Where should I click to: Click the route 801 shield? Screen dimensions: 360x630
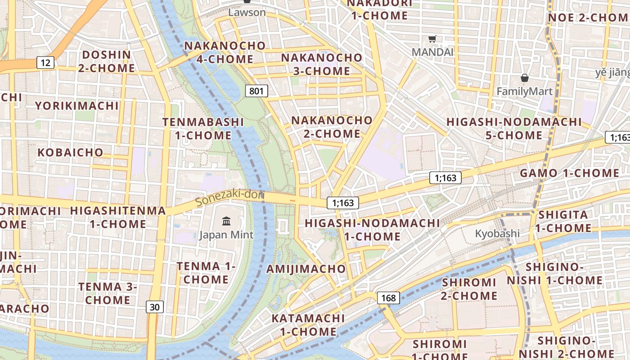coord(256,91)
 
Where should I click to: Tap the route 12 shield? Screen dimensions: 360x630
coord(45,63)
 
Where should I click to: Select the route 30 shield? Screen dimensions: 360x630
coord(154,307)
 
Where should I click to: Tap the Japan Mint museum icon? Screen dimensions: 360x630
coord(226,221)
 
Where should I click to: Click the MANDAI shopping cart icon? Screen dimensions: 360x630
coord(432,39)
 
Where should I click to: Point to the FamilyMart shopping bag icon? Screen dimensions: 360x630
coord(524,78)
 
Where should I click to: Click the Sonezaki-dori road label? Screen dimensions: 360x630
coord(229,198)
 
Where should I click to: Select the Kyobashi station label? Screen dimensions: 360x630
coord(497,234)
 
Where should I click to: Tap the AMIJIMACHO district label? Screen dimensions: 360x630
coord(306,269)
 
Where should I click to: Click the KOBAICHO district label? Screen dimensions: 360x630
coord(70,152)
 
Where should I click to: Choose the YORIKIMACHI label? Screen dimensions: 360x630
coord(77,106)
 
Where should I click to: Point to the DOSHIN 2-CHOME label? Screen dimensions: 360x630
coord(107,62)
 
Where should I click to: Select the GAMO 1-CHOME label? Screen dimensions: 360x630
coord(569,173)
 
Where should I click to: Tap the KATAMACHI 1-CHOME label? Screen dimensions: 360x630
coord(308,325)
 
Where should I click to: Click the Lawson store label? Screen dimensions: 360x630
coord(247,12)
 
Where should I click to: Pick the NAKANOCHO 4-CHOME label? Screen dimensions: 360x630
coord(225,52)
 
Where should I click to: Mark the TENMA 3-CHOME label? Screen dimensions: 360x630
coord(108,293)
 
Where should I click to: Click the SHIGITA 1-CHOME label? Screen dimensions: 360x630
coord(563,221)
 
